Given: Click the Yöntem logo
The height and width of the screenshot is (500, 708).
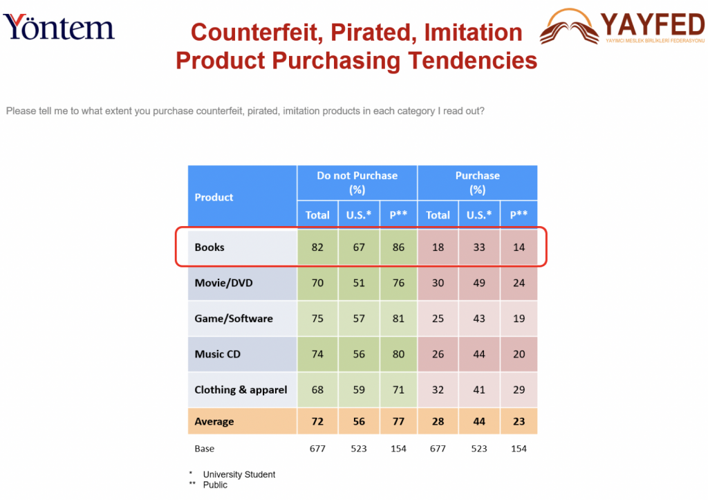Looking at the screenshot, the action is [x=59, y=27].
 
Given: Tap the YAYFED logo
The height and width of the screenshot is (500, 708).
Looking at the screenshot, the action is [x=622, y=26].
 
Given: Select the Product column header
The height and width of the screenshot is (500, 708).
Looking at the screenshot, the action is [x=214, y=197].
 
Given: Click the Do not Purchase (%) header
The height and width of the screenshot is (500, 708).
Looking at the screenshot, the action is [x=357, y=183].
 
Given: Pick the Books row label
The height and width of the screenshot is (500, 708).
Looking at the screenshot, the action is [x=209, y=247].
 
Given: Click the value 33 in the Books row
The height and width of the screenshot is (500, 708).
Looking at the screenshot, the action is [x=479, y=247].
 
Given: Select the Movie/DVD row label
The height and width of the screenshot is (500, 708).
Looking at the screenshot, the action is [x=223, y=283].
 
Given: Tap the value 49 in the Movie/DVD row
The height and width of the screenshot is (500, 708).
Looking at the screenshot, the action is [x=479, y=283].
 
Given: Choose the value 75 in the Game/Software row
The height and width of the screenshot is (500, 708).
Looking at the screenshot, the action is [x=317, y=318].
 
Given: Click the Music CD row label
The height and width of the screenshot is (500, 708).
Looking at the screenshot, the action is [x=218, y=354].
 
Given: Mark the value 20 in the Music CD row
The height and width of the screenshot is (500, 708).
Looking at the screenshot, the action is [x=519, y=354].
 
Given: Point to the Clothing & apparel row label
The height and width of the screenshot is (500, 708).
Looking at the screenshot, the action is [x=241, y=390].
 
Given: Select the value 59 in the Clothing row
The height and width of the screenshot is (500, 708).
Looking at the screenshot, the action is [x=359, y=390].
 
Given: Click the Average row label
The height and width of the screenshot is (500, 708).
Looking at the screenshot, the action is [x=214, y=421].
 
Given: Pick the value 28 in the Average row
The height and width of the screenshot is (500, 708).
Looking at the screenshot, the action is [x=438, y=421].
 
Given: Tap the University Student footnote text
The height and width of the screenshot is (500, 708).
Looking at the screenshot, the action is [x=239, y=474].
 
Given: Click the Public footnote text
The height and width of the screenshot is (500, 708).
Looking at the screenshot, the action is [x=215, y=485].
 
